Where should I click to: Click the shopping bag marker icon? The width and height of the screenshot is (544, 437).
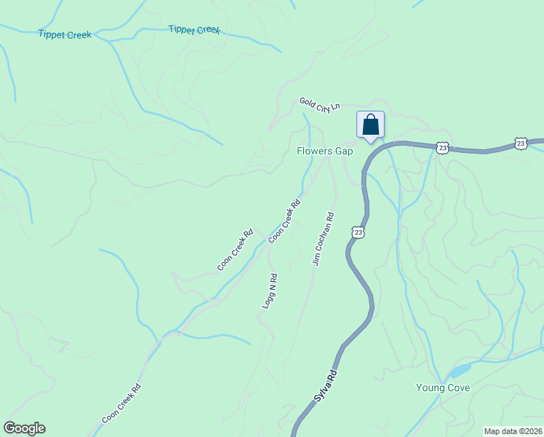tap(370, 124)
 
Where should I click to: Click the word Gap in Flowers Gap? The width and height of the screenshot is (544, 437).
tap(344, 151)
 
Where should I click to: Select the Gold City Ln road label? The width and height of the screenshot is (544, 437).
tap(319, 104)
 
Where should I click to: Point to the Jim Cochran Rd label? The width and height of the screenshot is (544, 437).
tap(324, 238)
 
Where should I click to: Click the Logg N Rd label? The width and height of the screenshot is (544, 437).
tap(270, 291)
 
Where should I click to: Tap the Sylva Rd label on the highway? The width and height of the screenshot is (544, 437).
tap(326, 386)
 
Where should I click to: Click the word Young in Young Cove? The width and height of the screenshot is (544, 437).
tap(431, 387)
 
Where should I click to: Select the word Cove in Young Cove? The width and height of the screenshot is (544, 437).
tap(459, 387)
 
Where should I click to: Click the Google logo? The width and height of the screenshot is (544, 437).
tap(24, 428)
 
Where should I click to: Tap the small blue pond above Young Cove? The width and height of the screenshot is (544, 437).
tap(459, 371)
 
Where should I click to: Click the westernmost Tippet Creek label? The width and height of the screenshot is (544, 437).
tap(65, 34)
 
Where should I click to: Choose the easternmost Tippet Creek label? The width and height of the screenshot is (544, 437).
tap(194, 30)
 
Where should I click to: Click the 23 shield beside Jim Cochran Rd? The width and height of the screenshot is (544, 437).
tap(357, 232)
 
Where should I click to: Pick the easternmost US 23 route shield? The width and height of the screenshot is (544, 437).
tap(521, 143)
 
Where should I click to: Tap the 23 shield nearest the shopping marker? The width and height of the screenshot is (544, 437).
tap(443, 147)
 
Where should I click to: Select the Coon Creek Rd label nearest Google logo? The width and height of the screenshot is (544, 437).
tap(121, 403)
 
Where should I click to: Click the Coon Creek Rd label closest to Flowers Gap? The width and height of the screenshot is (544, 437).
tap(284, 221)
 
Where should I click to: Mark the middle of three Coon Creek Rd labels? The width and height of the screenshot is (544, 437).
tap(234, 250)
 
